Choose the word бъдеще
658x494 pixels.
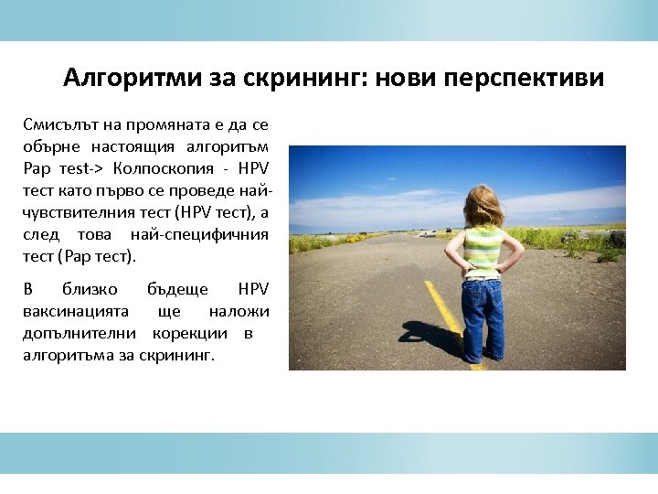[x=177, y=290]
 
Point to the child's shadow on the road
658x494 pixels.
[x=430, y=334]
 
